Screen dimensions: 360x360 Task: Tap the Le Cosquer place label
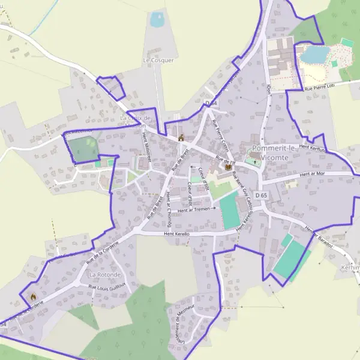(158, 61)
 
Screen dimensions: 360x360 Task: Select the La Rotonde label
(105, 274)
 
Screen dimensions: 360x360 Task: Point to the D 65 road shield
(260, 196)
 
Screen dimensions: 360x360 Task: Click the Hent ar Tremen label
(193, 209)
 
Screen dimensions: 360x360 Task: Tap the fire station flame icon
(32, 296)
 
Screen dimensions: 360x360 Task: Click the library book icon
(227, 167)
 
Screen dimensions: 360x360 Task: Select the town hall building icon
(181, 139)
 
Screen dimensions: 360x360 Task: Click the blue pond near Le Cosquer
(157, 19)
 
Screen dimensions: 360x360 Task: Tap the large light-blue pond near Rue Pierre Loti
(313, 55)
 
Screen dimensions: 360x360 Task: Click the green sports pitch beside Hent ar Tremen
(229, 210)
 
